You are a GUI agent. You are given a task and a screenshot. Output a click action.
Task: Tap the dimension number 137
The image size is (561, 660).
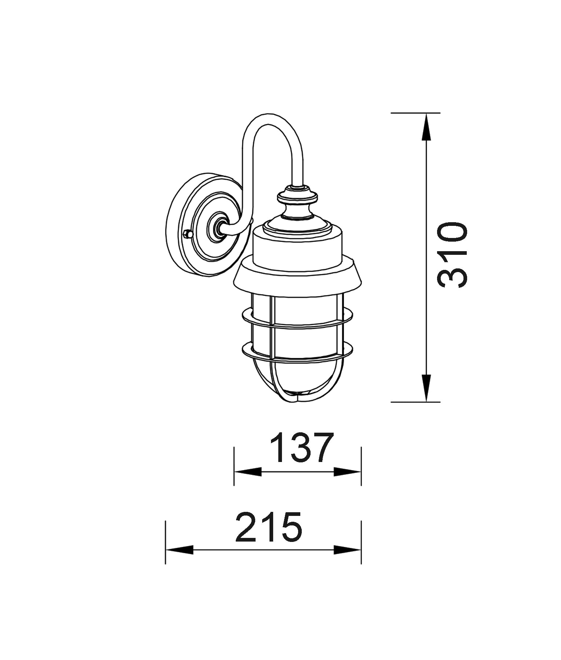click(x=302, y=448)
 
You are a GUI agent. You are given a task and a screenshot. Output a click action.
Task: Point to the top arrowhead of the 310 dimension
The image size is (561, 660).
click(x=426, y=126)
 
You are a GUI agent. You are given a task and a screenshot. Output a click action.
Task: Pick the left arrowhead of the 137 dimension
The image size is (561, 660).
click(x=247, y=472)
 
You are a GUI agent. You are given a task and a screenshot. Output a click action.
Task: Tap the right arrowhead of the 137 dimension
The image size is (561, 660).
click(x=348, y=472)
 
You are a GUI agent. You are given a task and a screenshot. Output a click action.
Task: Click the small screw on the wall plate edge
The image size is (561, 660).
click(x=187, y=234)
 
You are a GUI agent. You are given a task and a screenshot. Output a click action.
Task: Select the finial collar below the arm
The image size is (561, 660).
click(x=297, y=197)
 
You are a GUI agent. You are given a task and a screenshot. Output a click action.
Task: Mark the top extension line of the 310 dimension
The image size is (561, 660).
click(x=415, y=113)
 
